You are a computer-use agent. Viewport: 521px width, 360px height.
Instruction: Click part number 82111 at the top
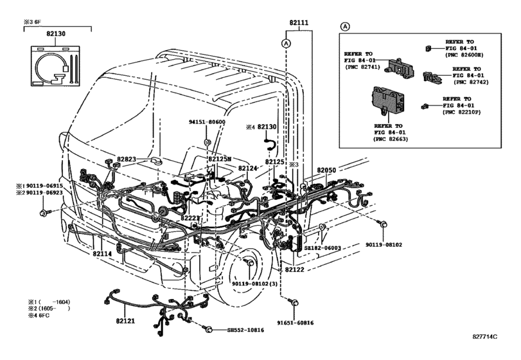click(299, 23)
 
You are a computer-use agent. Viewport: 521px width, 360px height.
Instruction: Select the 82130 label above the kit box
click(56, 33)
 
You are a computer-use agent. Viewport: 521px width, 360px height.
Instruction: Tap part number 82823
click(127, 159)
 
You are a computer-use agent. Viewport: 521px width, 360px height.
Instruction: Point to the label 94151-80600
click(207, 122)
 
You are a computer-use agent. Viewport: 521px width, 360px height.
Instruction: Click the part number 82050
click(326, 170)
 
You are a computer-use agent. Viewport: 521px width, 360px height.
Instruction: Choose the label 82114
click(102, 253)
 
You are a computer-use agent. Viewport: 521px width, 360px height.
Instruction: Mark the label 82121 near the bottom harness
click(126, 321)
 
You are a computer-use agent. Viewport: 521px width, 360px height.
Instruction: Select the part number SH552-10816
click(245, 330)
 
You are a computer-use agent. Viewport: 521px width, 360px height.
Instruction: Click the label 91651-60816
click(296, 323)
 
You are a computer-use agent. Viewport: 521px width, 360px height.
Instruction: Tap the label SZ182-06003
click(322, 248)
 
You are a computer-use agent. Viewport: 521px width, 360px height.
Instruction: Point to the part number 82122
click(294, 270)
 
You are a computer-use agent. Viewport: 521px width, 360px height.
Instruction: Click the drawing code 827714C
click(485, 336)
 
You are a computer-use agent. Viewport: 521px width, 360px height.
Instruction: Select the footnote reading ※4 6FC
click(39, 315)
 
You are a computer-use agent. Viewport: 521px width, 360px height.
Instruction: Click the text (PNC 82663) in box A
click(391, 139)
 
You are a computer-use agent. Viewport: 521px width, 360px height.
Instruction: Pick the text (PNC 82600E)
click(464, 55)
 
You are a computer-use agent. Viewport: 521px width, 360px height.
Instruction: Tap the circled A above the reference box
click(346, 26)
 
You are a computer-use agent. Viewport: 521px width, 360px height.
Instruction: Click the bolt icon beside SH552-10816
click(208, 329)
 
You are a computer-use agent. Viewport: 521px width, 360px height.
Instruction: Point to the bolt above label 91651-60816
click(294, 303)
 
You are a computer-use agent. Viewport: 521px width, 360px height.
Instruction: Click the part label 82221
click(190, 218)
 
